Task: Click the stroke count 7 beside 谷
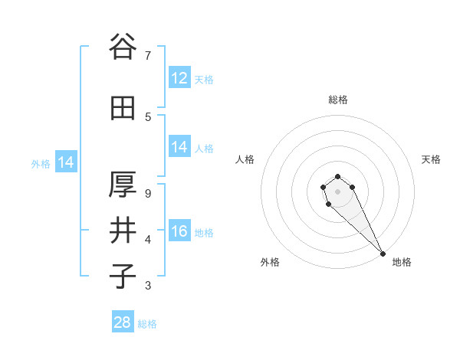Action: tap(148, 55)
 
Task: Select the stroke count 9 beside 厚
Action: tap(148, 193)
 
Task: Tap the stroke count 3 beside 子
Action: tap(148, 286)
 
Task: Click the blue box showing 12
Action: tap(179, 78)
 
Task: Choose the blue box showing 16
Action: tap(179, 231)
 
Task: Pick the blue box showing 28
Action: tap(123, 322)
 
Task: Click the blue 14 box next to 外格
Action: tap(65, 162)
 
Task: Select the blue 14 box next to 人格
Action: tap(179, 147)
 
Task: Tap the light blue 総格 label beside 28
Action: tap(147, 324)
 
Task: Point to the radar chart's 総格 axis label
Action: tap(337, 100)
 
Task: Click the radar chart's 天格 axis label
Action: tap(432, 159)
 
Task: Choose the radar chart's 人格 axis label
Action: tap(245, 159)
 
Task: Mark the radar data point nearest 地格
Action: tap(382, 253)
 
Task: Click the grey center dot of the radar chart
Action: tap(337, 191)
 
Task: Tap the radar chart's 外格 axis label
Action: tap(270, 262)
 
